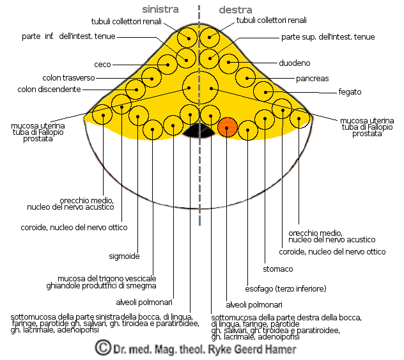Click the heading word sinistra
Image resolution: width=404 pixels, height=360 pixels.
tap(160, 10)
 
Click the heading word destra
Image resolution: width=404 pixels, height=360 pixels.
tap(235, 10)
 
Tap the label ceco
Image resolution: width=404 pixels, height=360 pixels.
tap(102, 65)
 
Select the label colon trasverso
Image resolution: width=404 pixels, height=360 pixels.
tap(68, 78)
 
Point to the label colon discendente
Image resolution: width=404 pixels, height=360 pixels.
tap(49, 89)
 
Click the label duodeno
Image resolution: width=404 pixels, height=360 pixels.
tap(295, 63)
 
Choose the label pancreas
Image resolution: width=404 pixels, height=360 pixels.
tap(313, 78)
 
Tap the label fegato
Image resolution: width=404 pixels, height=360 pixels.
tap(350, 92)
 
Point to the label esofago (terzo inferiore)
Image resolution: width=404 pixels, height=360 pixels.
tap(286, 288)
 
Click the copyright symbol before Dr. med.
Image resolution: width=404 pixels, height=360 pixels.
tap(102, 348)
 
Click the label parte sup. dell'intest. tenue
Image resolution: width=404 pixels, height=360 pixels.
tap(328, 37)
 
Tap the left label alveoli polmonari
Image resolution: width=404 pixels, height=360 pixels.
tap(144, 303)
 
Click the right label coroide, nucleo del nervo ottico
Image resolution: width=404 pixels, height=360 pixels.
tap(333, 252)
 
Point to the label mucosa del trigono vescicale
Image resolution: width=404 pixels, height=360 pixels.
tap(107, 279)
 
